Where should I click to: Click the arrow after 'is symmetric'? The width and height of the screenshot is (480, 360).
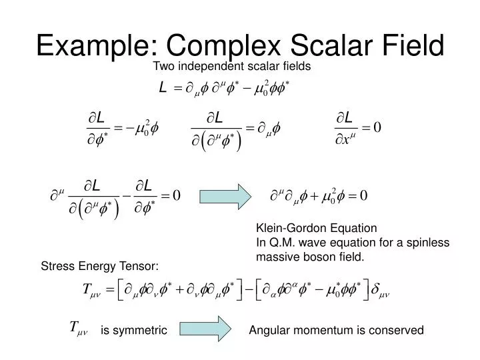[x=205, y=329]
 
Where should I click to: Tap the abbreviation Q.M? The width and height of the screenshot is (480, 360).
[x=279, y=241]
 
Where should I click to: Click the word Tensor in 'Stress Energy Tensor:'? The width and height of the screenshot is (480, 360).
[x=141, y=267]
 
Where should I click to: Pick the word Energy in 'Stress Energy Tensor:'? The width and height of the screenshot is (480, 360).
[x=90, y=267]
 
